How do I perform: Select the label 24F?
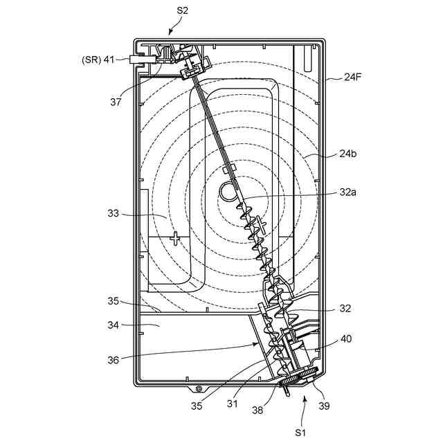pyautogui.click(x=354, y=78)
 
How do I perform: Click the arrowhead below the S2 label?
pyautogui.click(x=171, y=32)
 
